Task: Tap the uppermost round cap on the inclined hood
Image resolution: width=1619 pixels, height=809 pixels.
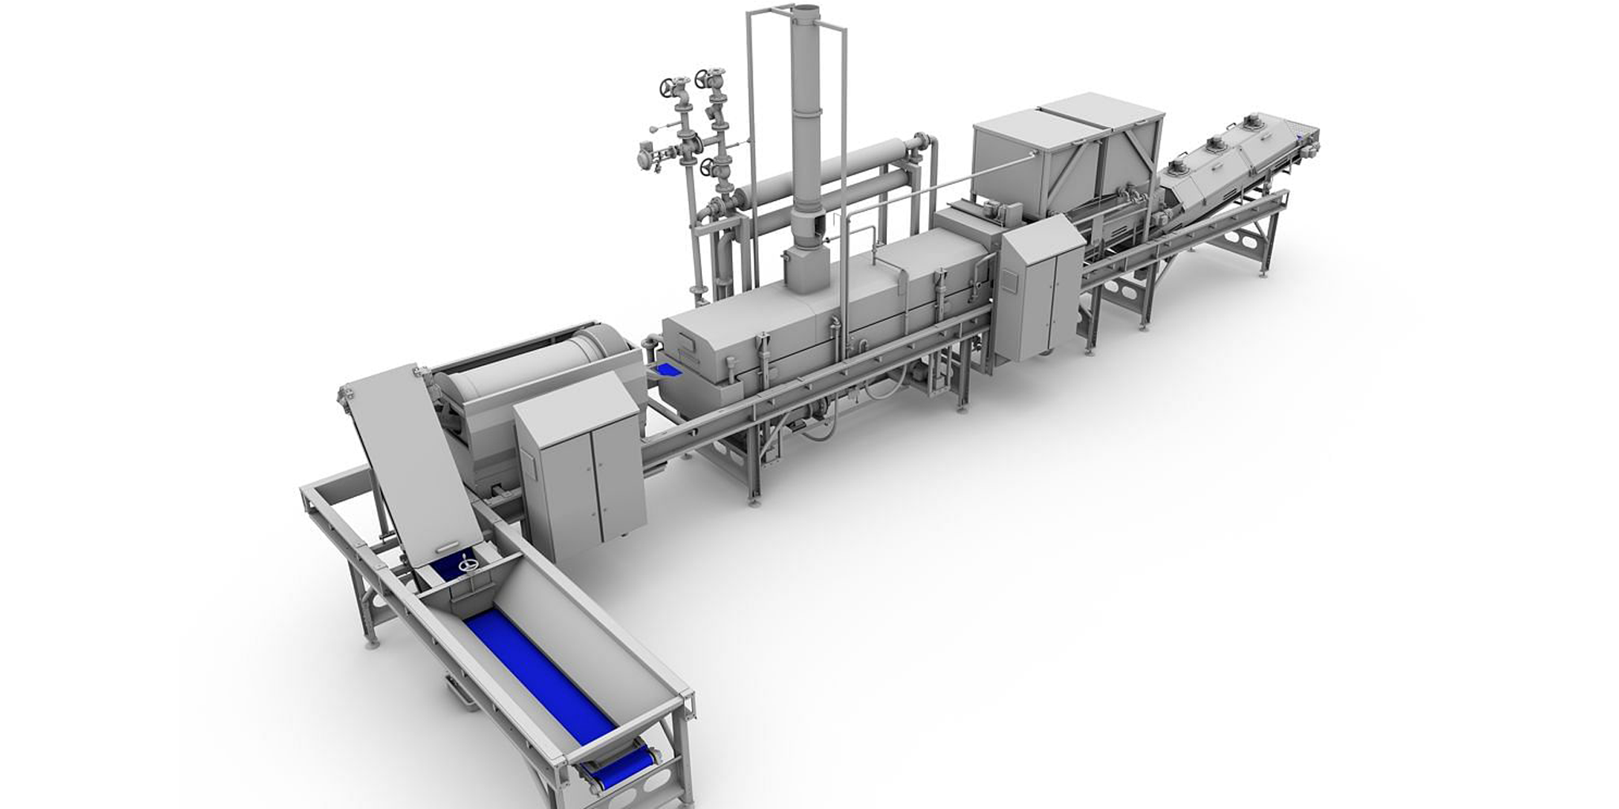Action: pyautogui.click(x=1252, y=122)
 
